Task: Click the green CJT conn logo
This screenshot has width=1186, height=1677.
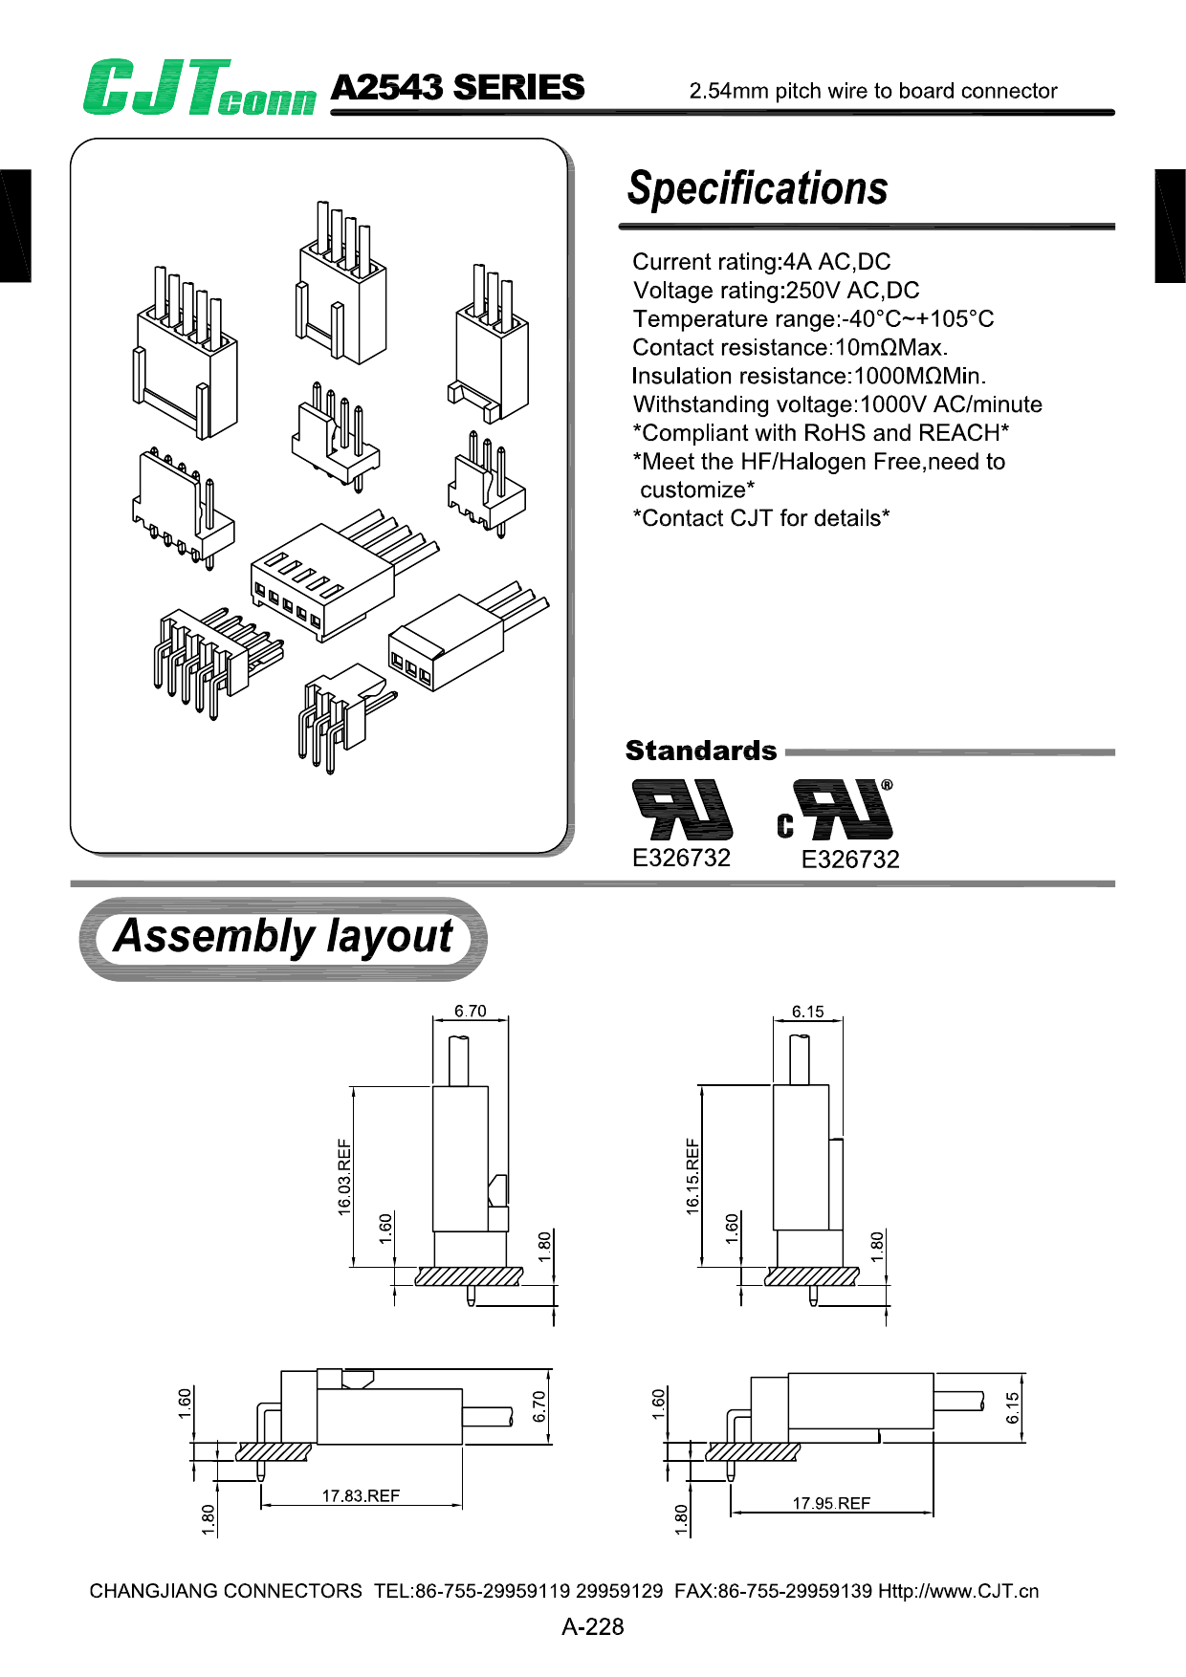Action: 199,88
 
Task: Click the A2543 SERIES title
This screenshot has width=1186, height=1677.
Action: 457,88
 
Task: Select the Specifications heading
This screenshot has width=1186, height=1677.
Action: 758,188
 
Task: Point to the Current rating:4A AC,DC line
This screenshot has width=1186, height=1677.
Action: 761,262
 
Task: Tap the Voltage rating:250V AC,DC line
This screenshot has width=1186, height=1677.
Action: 776,291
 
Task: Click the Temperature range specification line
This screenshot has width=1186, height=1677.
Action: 813,319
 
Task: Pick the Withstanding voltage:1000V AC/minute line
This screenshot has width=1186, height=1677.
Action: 837,404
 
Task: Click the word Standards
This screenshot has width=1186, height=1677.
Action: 701,751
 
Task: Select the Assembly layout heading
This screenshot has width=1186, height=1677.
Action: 283,937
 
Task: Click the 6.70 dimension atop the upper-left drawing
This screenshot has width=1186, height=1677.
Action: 470,1011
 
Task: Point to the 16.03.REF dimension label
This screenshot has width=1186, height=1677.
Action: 344,1177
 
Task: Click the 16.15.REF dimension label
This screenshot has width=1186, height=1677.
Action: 692,1176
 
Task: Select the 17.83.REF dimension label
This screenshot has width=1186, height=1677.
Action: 361,1495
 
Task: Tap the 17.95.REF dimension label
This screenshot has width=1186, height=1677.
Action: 831,1503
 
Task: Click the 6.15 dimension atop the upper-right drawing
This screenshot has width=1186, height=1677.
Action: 807,1012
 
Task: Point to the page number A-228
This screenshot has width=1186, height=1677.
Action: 593,1626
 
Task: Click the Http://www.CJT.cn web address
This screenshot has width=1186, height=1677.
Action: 958,1591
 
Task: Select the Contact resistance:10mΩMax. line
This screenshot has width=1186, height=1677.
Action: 790,348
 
